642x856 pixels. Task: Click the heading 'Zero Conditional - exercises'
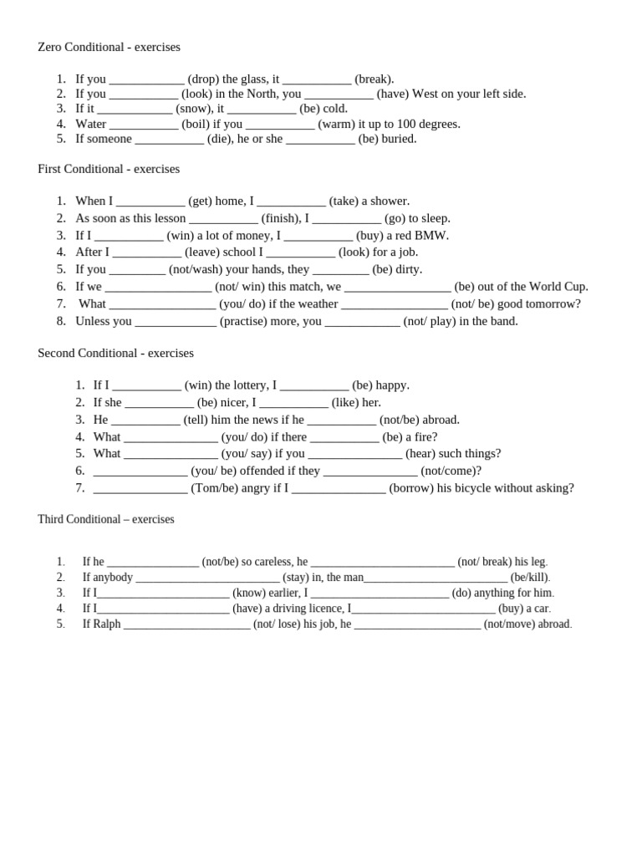[x=109, y=48]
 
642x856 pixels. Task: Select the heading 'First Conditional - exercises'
[x=109, y=169]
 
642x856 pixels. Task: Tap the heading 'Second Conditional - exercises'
[x=115, y=354]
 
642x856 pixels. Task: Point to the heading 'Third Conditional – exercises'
[x=106, y=519]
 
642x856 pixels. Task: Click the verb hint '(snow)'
[x=193, y=109]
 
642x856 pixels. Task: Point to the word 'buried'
[x=399, y=139]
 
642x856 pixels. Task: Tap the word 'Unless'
[x=93, y=321]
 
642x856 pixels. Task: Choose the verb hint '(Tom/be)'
[x=214, y=488]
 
